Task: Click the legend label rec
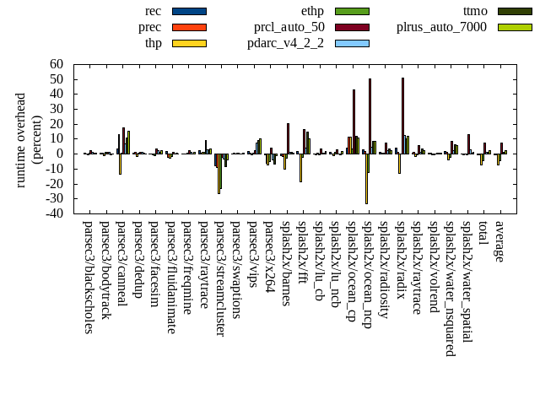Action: [x=154, y=11]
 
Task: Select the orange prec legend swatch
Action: [x=189, y=27]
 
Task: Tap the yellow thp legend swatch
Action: [x=189, y=43]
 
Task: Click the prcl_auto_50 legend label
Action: [x=289, y=27]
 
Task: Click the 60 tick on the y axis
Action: [x=57, y=64]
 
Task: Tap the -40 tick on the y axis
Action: [x=55, y=213]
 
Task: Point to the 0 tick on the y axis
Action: [x=61, y=154]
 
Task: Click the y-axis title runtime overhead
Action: [x=21, y=139]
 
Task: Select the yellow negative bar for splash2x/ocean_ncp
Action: [x=366, y=178]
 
